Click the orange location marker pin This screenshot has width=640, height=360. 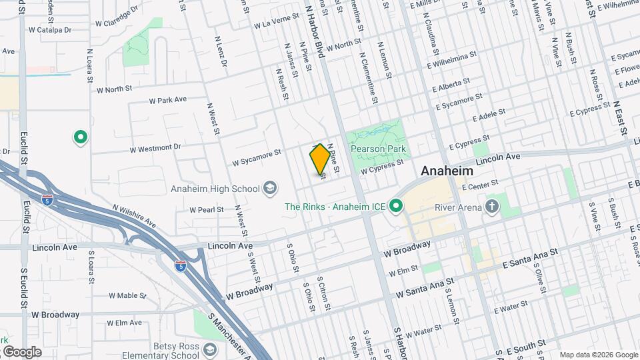[320, 159]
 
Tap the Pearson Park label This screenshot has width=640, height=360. [379, 149]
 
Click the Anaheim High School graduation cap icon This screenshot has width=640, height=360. [270, 189]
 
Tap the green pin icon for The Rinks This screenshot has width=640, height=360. [395, 207]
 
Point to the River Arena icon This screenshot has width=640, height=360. [492, 206]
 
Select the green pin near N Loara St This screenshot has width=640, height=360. [81, 138]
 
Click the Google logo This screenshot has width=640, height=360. [21, 352]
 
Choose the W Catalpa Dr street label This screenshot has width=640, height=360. [51, 30]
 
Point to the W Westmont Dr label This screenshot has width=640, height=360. [156, 146]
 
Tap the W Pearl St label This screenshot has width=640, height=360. [206, 209]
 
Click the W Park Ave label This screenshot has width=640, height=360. [167, 100]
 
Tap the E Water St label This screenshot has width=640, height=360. [511, 307]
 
